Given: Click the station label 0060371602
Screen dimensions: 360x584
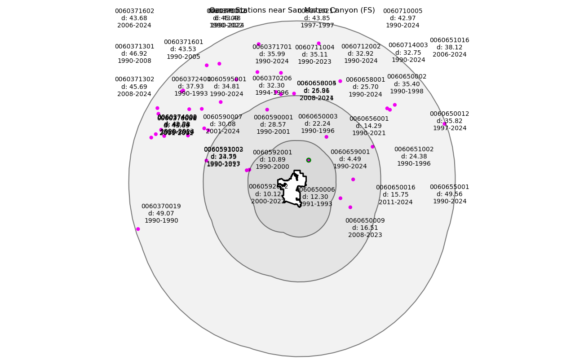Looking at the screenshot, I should pyautogui.click(x=134, y=11).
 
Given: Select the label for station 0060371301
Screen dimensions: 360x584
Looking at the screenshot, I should pyautogui.click(x=134, y=47).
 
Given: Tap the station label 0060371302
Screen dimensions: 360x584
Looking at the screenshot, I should pyautogui.click(x=134, y=79).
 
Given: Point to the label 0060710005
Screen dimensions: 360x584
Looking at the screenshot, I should pyautogui.click(x=403, y=11).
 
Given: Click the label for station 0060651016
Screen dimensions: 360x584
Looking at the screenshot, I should pyautogui.click(x=449, y=40).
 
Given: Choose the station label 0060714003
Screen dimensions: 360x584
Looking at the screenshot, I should pyautogui.click(x=408, y=45).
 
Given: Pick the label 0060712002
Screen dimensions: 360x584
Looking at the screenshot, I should pyautogui.click(x=361, y=47).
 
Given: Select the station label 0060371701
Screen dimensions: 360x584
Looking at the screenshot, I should pyautogui.click(x=272, y=47).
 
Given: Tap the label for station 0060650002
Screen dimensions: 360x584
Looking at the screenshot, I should pyautogui.click(x=407, y=77).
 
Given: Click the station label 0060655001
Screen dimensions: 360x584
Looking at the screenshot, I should pyautogui.click(x=449, y=187).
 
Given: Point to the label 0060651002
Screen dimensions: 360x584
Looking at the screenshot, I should pyautogui.click(x=414, y=149).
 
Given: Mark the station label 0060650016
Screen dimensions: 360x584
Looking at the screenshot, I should pyautogui.click(x=395, y=188).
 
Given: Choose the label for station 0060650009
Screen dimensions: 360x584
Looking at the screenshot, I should pyautogui.click(x=365, y=221).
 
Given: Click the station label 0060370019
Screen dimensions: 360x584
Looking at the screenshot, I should pyautogui.click(x=161, y=206).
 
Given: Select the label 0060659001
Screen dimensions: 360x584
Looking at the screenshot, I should pyautogui.click(x=350, y=152).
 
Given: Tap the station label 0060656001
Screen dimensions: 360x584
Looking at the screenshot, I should pyautogui.click(x=369, y=119).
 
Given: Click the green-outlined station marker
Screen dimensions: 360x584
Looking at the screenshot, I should pyautogui.click(x=309, y=160).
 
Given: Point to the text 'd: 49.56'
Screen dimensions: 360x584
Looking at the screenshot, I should pyautogui.click(x=449, y=194).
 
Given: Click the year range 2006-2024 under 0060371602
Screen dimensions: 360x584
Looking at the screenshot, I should pyautogui.click(x=134, y=26).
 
